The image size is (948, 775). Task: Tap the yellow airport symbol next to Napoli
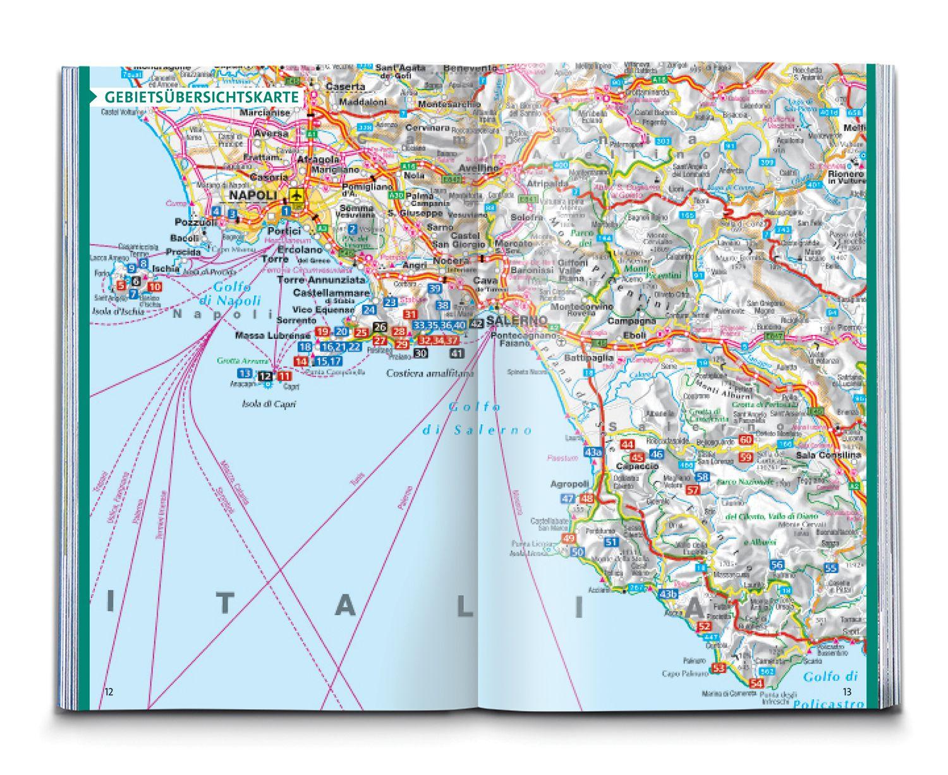click(295, 195)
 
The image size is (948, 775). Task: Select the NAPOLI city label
click(253, 196)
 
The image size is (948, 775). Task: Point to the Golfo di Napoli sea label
click(229, 294)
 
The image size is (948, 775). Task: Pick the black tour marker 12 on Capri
click(265, 377)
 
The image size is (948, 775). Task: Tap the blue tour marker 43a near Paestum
click(593, 453)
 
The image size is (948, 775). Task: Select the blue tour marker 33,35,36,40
click(439, 325)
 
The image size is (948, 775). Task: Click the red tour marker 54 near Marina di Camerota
click(756, 683)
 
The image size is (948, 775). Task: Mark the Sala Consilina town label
click(829, 455)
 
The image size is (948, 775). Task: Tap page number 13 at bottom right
click(847, 692)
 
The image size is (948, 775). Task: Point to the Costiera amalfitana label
click(430, 374)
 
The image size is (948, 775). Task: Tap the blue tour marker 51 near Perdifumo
click(611, 542)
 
